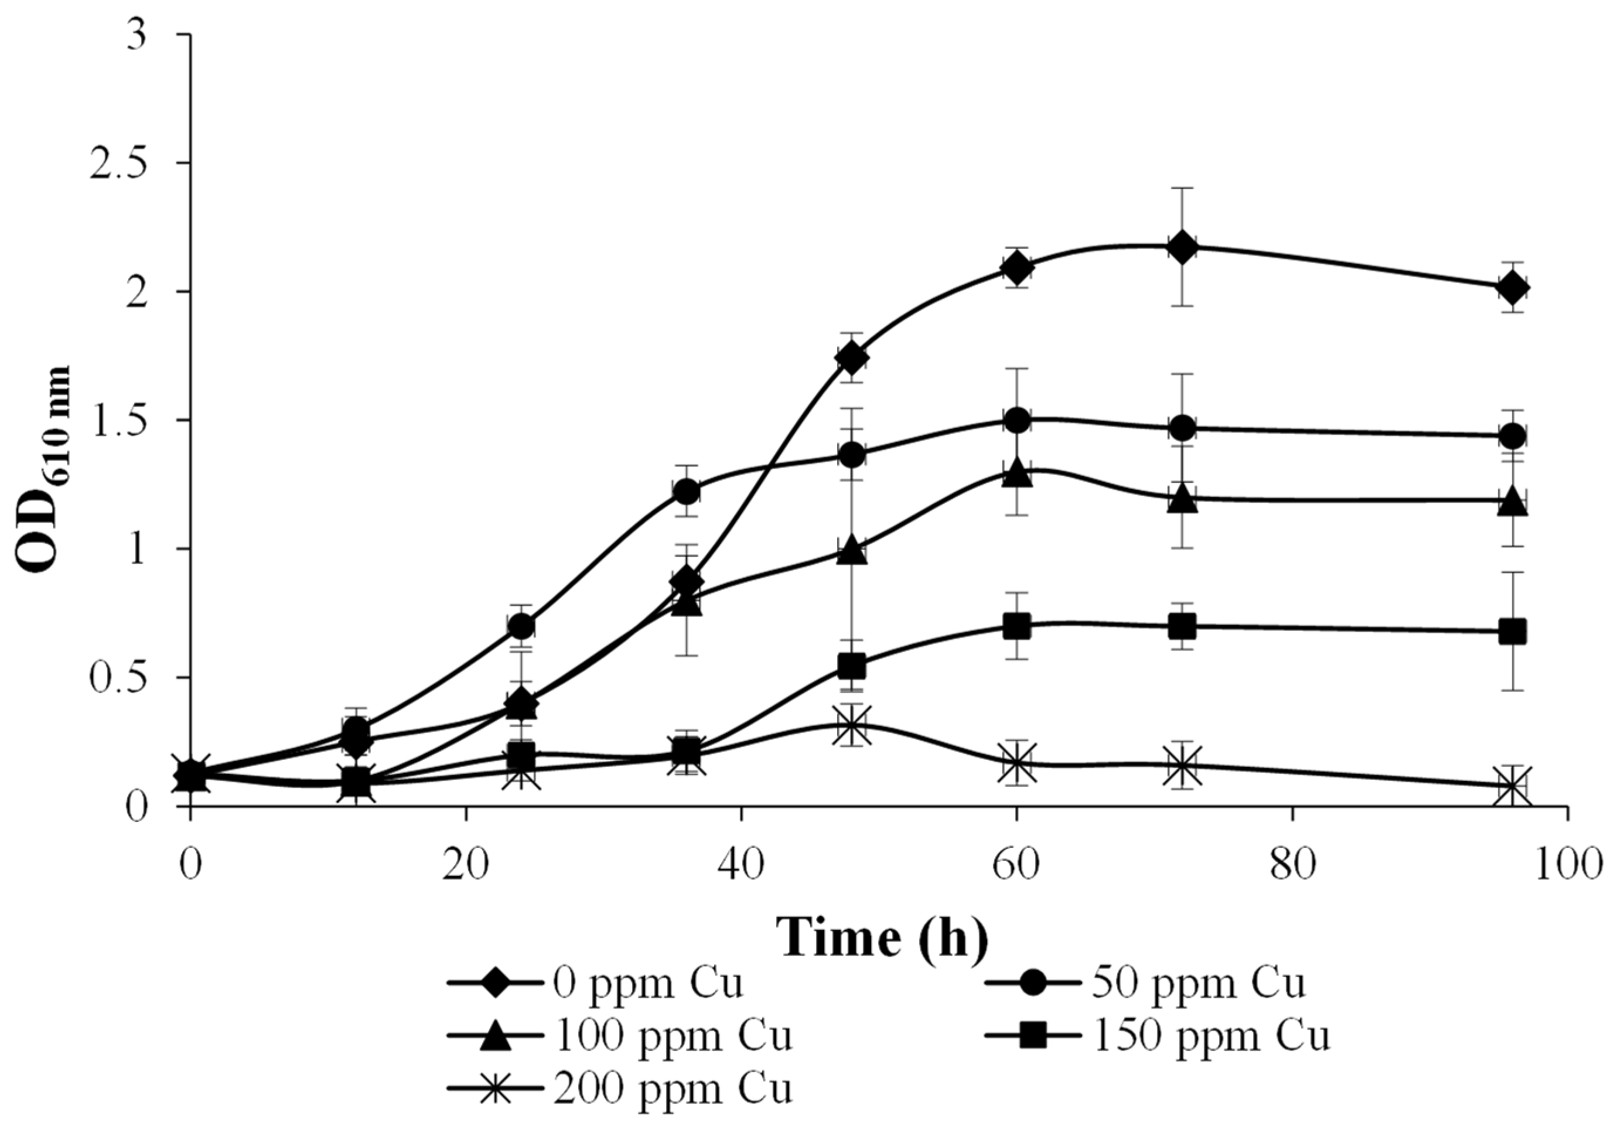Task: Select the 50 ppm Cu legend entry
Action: pos(1144,983)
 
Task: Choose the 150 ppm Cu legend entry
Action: pos(1158,1036)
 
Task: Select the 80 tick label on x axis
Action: pos(1292,865)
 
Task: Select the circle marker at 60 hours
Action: pos(1016,421)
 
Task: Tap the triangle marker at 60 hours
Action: pos(1016,473)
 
